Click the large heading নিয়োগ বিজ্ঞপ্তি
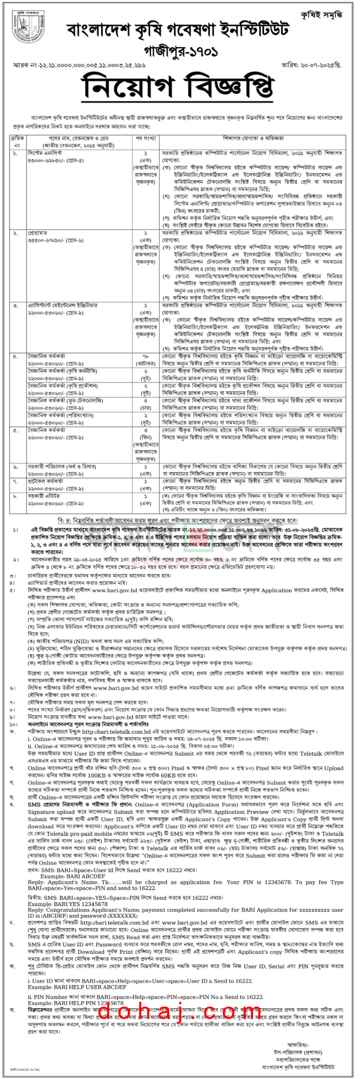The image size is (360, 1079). tap(179, 87)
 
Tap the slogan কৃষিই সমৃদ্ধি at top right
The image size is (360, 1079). tap(321, 16)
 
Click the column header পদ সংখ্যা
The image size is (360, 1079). tap(146, 138)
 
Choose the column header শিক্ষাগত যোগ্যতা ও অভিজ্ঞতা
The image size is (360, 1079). tap(253, 138)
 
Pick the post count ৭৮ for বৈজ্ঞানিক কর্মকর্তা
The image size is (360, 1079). tap(146, 356)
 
